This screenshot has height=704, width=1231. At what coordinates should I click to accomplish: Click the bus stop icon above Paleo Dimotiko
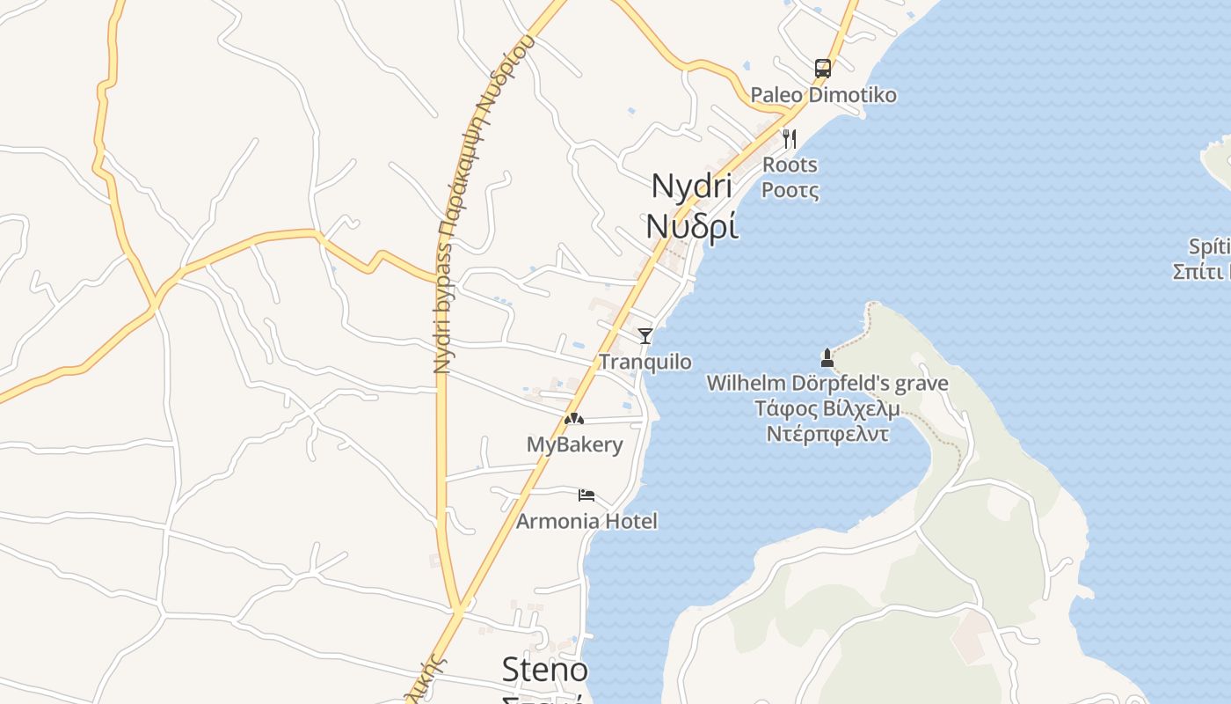pyautogui.click(x=822, y=68)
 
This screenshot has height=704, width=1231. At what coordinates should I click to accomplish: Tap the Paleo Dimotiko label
pyautogui.click(x=823, y=95)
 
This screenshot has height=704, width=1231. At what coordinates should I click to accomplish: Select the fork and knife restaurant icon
pyautogui.click(x=790, y=139)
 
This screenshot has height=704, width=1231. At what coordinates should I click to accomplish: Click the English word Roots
pyautogui.click(x=790, y=165)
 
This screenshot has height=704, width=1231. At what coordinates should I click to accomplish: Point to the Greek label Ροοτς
pyautogui.click(x=790, y=190)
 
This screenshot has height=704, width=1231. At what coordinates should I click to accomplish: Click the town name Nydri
pyautogui.click(x=691, y=187)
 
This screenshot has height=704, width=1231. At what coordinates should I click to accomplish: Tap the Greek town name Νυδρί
pyautogui.click(x=691, y=226)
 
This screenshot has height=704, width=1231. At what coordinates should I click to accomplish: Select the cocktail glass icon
pyautogui.click(x=645, y=335)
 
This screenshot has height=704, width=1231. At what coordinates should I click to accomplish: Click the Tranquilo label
pyautogui.click(x=645, y=362)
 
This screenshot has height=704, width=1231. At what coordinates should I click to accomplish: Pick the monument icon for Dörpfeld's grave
pyautogui.click(x=827, y=357)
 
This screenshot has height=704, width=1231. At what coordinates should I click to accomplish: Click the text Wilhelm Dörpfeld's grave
pyautogui.click(x=827, y=384)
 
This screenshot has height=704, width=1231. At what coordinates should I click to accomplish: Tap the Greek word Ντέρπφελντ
pyautogui.click(x=827, y=434)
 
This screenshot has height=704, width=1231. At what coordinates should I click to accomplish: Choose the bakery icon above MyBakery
pyautogui.click(x=573, y=419)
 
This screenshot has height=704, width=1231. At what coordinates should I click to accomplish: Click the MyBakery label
pyautogui.click(x=574, y=444)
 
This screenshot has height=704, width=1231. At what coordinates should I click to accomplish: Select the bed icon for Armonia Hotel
pyautogui.click(x=586, y=495)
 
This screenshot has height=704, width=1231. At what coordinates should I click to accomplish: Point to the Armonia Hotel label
pyautogui.click(x=586, y=521)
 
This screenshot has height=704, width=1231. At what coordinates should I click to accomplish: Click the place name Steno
pyautogui.click(x=544, y=670)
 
